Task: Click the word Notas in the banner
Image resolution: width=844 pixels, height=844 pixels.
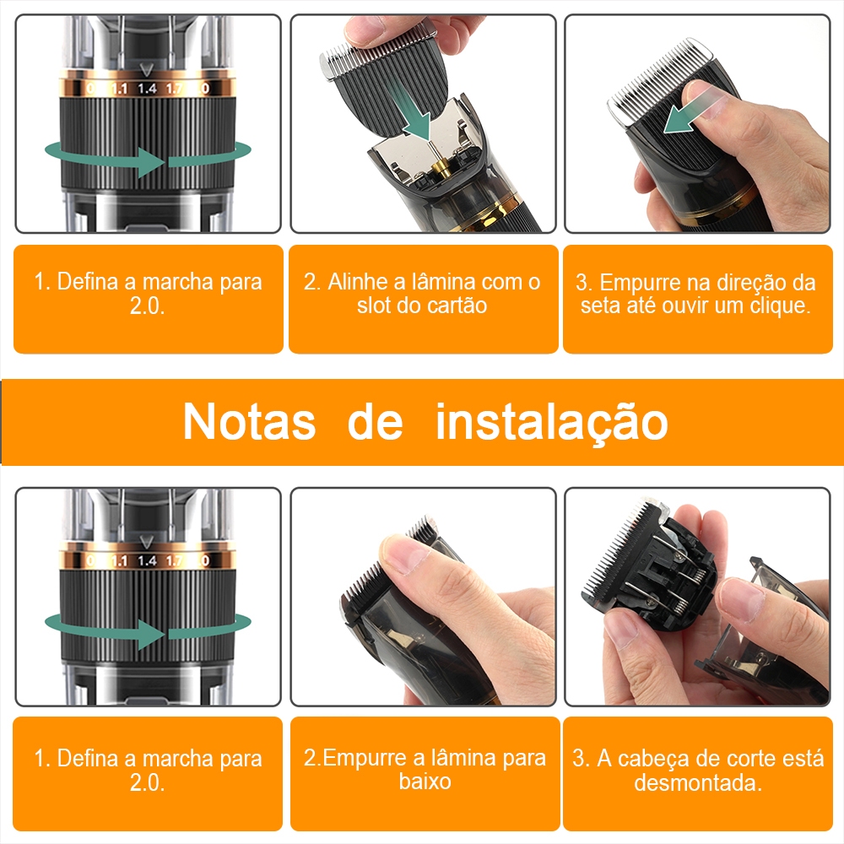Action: tap(249, 422)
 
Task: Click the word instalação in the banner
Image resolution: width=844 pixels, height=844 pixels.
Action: tap(552, 423)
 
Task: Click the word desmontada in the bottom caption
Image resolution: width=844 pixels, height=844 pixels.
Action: tap(698, 782)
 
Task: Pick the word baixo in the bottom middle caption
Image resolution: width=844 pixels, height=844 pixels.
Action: tap(425, 781)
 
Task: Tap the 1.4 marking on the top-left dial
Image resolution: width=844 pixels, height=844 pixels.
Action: tap(147, 88)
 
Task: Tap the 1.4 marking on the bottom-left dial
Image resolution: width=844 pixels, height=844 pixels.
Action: tap(147, 561)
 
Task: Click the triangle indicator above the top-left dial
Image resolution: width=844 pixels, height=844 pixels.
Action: tap(146, 69)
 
